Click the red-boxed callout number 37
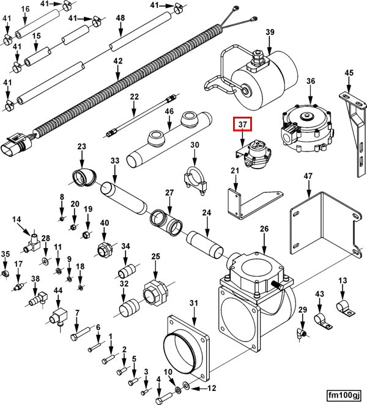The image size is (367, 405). pos(243,125)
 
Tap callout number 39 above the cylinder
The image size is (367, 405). pos(270,32)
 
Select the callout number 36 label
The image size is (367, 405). pos(311,81)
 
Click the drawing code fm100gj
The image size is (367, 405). pos(344,395)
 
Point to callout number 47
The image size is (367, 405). pos(308,177)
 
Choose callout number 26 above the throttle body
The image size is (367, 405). pos(264,229)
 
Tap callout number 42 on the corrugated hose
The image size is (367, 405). pos(118,61)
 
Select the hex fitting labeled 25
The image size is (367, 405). pos(154,294)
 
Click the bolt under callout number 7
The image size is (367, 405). pos(77,335)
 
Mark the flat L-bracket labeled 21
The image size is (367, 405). pos(245,204)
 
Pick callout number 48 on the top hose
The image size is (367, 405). pos(120,18)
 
